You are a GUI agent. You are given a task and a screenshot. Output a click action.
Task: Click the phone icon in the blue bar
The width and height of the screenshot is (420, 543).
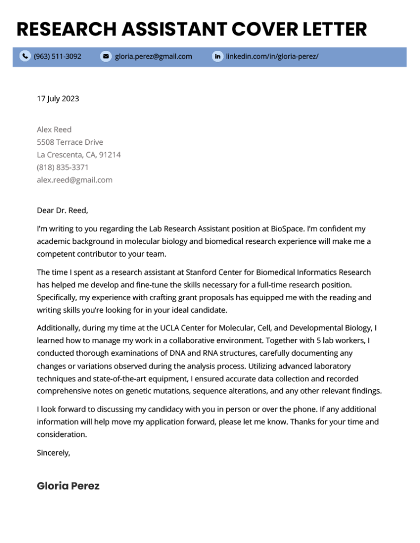(x=25, y=56)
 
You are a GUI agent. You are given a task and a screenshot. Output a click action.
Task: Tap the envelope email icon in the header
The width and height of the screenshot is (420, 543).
(x=106, y=56)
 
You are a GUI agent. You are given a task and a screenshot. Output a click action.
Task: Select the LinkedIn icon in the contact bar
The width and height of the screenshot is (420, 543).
(x=217, y=56)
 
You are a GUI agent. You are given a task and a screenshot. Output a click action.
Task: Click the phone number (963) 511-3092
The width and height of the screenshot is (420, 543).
(x=57, y=56)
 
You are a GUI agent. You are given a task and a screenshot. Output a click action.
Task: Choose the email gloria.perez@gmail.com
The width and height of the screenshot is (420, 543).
(x=153, y=56)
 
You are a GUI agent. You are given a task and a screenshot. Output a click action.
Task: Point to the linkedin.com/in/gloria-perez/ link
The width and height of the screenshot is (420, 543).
(x=272, y=56)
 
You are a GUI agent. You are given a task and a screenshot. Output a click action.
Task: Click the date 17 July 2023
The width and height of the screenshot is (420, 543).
(x=58, y=99)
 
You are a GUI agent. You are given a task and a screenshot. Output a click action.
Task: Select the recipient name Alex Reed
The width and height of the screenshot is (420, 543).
(x=54, y=129)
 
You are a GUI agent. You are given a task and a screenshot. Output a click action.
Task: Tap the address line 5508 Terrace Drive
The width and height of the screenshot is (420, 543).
(x=70, y=142)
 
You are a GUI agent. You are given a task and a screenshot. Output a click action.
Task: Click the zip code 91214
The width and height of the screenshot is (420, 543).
(x=110, y=155)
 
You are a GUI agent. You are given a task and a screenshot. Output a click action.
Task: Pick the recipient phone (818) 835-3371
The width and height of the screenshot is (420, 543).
(x=63, y=168)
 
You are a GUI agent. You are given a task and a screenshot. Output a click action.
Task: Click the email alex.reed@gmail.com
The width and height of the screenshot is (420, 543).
(x=74, y=180)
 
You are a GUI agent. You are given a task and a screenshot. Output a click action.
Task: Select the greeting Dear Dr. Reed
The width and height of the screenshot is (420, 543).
(x=62, y=211)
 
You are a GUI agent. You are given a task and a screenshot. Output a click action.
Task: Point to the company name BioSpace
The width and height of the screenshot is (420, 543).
(x=287, y=229)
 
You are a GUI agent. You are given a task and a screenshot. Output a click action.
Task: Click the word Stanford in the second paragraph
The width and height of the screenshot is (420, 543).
(x=201, y=273)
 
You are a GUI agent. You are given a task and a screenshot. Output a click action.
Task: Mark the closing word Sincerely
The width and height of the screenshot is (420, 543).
(x=53, y=453)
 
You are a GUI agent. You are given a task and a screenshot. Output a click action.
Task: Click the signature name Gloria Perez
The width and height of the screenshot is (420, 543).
(x=68, y=486)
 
